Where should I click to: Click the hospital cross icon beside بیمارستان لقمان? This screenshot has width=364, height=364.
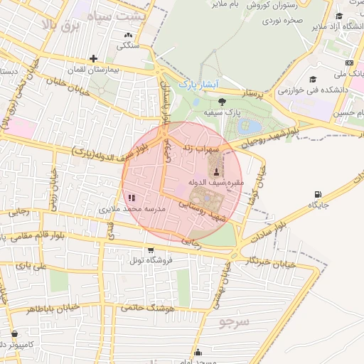tap(93, 59)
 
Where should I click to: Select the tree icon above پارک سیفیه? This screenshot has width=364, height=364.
tap(222, 102)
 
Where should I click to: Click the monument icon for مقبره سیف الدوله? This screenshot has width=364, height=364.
tap(216, 171)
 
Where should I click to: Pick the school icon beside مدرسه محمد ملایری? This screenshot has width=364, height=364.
tap(130, 198)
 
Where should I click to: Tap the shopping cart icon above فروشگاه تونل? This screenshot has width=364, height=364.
tap(151, 250)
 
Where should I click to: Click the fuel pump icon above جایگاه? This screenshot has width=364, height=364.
tap(317, 193)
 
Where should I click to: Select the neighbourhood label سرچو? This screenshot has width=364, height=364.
tap(235, 321)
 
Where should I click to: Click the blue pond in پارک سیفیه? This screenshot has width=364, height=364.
tap(252, 127)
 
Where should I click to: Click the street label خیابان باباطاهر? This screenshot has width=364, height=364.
tap(60, 309)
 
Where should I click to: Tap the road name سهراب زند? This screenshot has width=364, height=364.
tap(202, 147)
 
